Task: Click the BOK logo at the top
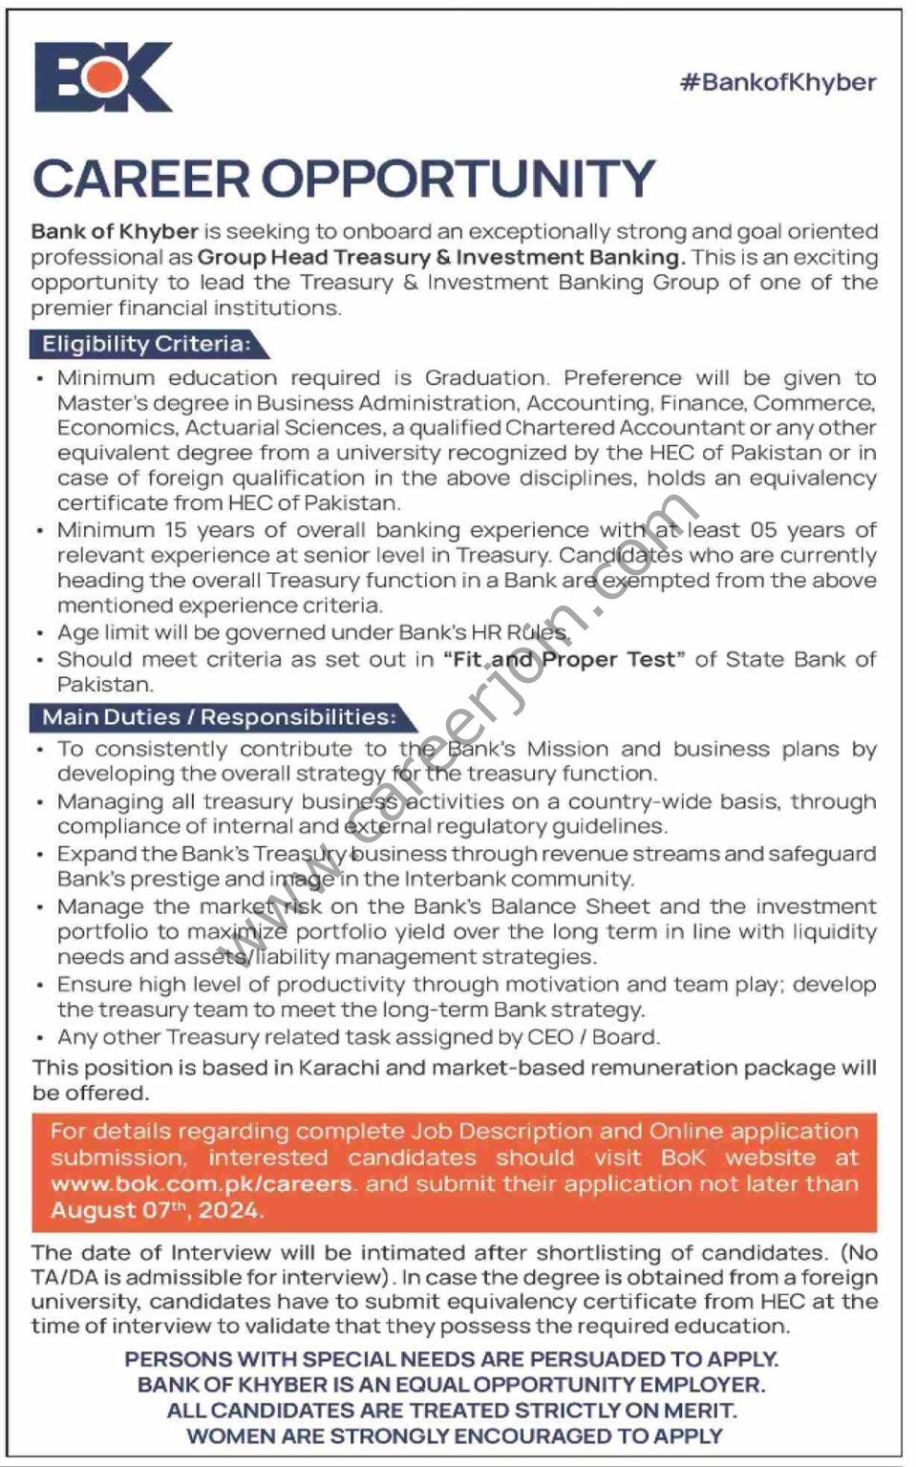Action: point(103,77)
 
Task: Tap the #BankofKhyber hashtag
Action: point(778,82)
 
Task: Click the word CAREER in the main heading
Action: point(139,179)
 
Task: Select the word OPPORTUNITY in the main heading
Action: point(458,179)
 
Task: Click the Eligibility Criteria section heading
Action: point(146,344)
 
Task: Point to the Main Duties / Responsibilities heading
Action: point(219,716)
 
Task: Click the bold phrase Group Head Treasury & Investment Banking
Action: point(441,257)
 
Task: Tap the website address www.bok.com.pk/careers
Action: point(202,1183)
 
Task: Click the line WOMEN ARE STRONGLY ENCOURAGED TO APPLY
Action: point(455,1435)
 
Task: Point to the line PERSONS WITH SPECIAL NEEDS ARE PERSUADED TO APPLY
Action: point(452,1359)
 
